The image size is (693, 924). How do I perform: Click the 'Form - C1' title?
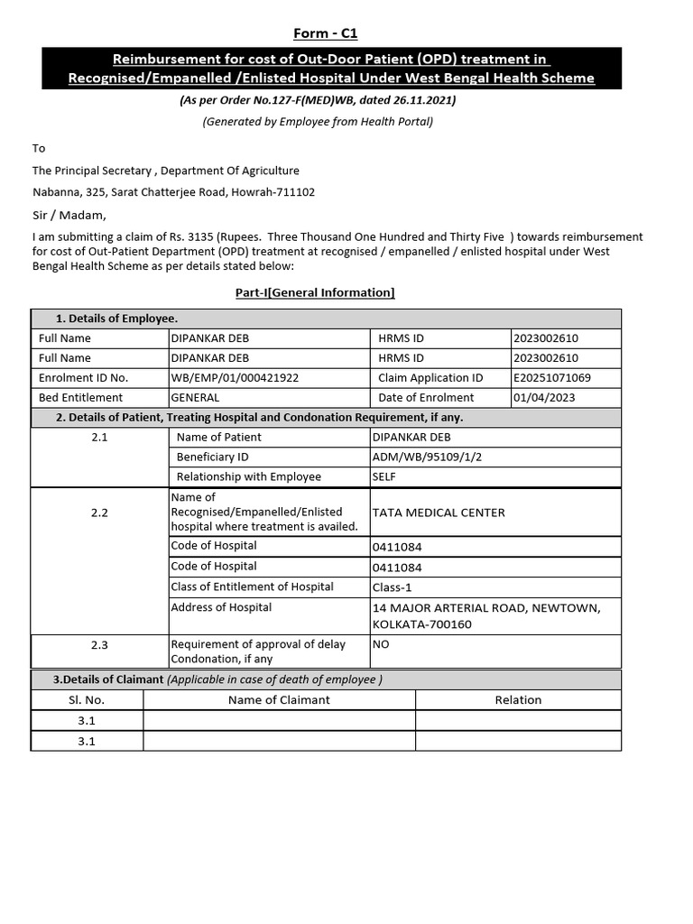325,33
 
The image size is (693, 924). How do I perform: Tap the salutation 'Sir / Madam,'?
69,215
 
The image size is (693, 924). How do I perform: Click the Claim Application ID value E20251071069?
551,378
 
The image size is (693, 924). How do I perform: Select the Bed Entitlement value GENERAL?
195,398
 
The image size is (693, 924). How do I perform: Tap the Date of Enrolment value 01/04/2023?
544,398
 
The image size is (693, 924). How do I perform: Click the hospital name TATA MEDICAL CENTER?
439,513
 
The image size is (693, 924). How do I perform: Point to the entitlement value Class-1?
391,588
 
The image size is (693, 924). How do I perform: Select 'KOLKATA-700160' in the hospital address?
422,624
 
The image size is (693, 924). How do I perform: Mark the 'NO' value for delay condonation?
381,645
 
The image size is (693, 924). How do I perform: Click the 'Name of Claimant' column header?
279,699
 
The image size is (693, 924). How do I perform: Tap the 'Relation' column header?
518,699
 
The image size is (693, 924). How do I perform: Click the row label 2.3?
99,645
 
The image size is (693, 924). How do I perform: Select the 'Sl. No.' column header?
87,699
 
